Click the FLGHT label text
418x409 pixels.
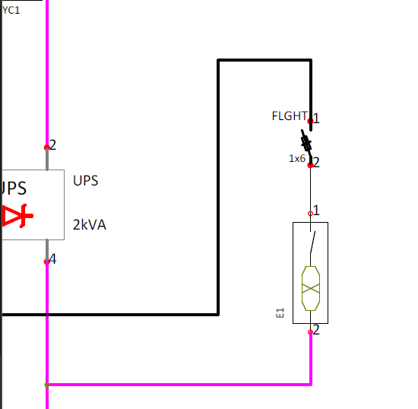(290, 116)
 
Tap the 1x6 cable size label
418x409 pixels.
(297, 159)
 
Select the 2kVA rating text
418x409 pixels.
(90, 225)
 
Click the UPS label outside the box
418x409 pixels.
(86, 180)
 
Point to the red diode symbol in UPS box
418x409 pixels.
(17, 216)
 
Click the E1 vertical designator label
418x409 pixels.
(280, 312)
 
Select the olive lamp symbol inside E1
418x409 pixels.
(311, 288)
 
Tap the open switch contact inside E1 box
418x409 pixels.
(312, 242)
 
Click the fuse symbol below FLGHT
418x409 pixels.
(306, 143)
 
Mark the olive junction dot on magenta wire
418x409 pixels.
(47, 385)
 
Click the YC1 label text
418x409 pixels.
(11, 10)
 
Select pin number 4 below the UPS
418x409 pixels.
(52, 259)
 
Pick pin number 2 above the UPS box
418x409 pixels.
(52, 145)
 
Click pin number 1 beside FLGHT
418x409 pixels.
(316, 119)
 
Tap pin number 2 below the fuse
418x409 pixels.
(316, 163)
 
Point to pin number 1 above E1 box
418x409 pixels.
(316, 211)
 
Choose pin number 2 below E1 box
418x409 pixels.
(316, 330)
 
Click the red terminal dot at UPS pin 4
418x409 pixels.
(46, 262)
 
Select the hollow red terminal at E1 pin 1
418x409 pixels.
(310, 214)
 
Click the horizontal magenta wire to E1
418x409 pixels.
(179, 385)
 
